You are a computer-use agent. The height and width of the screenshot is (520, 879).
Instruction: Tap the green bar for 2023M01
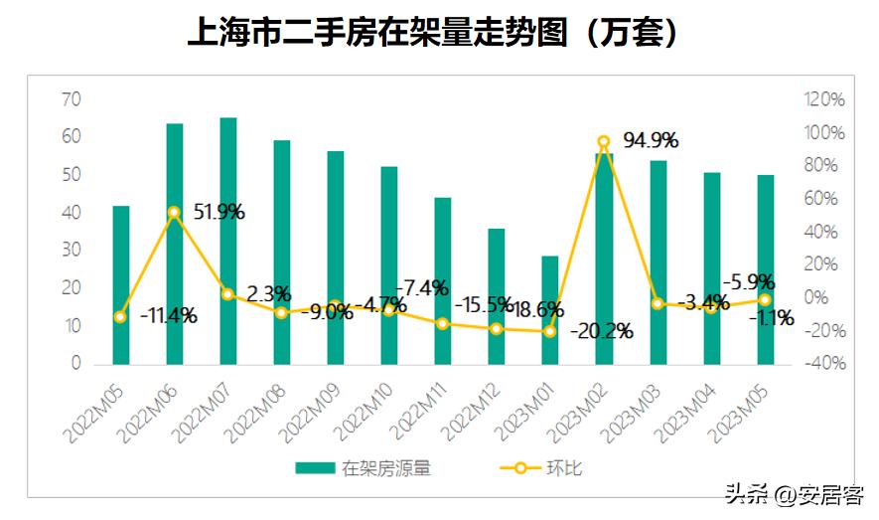pos(549,309)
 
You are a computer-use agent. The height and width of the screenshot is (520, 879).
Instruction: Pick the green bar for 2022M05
pos(120,284)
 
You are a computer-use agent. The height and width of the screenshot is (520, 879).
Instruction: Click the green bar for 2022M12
pos(496,296)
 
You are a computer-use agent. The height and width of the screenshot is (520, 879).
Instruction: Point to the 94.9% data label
pos(651,139)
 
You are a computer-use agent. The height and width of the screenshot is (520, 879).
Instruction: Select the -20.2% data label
pos(602,331)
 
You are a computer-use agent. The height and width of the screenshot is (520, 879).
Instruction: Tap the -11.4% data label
pos(168,316)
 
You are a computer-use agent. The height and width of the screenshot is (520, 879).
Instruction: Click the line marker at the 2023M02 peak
pos(603,142)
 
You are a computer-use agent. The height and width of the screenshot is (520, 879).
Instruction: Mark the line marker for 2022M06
pos(174,212)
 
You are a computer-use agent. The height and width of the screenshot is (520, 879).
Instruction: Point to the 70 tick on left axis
pos(71,98)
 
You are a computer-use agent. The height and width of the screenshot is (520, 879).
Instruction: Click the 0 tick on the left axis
pos(75,364)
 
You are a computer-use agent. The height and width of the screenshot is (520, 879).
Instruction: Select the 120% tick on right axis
pos(824,99)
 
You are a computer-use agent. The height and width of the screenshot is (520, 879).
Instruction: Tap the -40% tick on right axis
pos(824,364)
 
